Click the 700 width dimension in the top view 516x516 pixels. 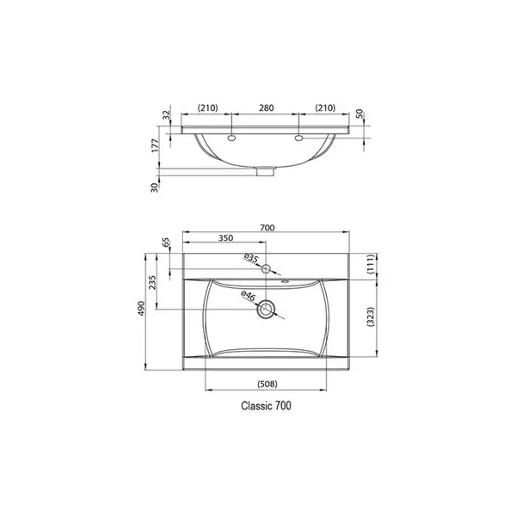[x=267, y=228]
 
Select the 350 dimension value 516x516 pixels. [x=225, y=238]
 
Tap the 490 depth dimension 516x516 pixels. [x=141, y=309]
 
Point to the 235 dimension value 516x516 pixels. [x=152, y=282]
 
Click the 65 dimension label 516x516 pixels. [x=166, y=243]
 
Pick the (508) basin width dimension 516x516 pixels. [x=267, y=384]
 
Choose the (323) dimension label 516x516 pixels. [x=371, y=316]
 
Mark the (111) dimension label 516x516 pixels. [x=371, y=264]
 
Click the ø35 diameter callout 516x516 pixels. [x=251, y=258]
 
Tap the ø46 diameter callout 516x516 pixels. [x=249, y=296]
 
